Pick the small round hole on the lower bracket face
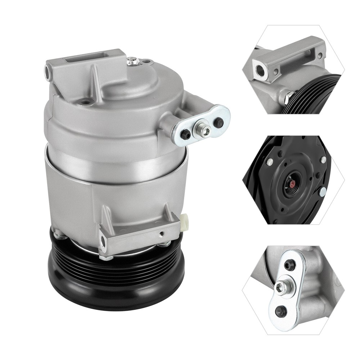coord(162,234)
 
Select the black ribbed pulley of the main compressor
coord(115,277)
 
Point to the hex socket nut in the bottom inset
coord(280,287)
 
